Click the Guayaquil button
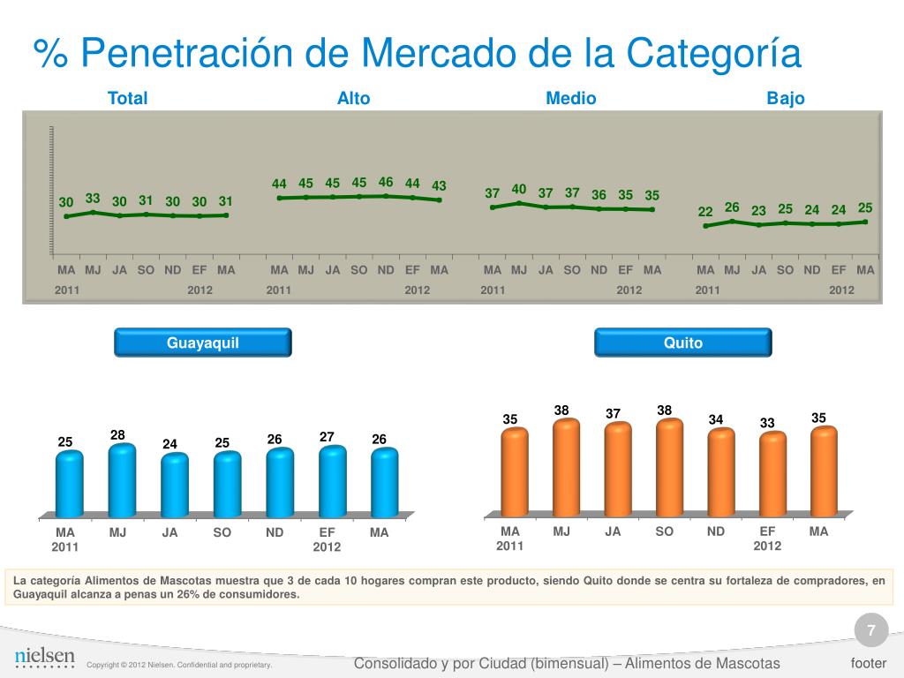tap(203, 343)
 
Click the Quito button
tap(683, 343)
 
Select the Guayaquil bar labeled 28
tap(122, 479)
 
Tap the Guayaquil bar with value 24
tap(175, 485)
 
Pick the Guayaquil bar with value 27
tap(332, 480)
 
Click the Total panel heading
tap(127, 99)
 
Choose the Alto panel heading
tap(353, 99)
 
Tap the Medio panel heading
tap(570, 99)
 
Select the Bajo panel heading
tap(786, 99)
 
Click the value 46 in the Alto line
tap(386, 183)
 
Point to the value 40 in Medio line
tap(519, 189)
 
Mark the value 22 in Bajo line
tap(705, 212)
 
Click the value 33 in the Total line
tap(93, 199)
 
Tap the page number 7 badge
tap(871, 631)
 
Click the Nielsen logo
tap(45, 658)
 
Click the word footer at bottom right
tap(869, 663)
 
